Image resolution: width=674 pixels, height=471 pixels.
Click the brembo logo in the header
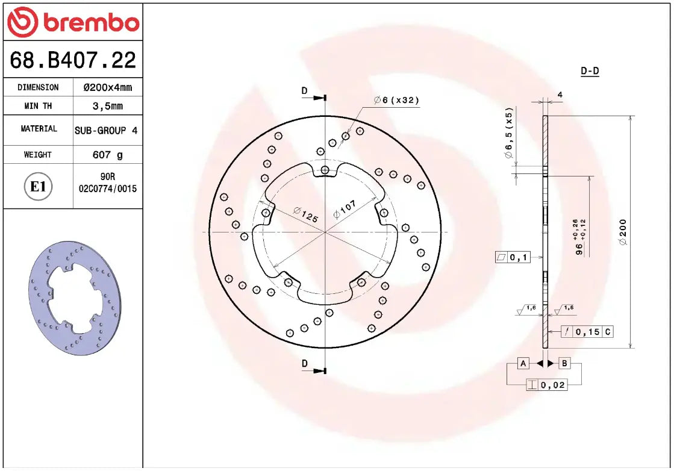[x=73, y=22]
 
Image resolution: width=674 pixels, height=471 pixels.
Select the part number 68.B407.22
[x=73, y=60]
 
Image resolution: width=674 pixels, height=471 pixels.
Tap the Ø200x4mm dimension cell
[x=107, y=87]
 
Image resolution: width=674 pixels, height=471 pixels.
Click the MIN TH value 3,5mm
[x=107, y=106]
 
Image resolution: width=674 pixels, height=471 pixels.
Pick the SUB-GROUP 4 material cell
[x=107, y=130]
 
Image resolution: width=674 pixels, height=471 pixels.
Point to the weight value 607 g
[x=107, y=155]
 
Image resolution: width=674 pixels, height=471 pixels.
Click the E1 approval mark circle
[x=39, y=187]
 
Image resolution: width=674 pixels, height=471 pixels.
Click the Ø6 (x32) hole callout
[x=396, y=100]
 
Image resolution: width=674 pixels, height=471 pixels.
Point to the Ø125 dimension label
[x=305, y=215]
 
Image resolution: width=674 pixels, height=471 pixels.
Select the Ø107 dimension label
[x=345, y=209]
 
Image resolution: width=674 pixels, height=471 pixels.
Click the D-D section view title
[x=590, y=71]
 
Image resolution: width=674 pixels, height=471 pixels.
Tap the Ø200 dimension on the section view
[x=623, y=231]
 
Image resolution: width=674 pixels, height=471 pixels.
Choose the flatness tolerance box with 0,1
[x=513, y=258]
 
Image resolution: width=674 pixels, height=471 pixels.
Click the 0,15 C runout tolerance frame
[x=587, y=331]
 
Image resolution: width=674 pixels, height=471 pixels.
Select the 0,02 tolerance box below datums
[x=546, y=385]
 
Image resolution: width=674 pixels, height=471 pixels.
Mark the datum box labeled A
[x=523, y=363]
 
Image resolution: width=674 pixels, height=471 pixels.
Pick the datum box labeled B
[x=564, y=363]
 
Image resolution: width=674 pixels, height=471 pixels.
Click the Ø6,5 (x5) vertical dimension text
[x=508, y=134]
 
